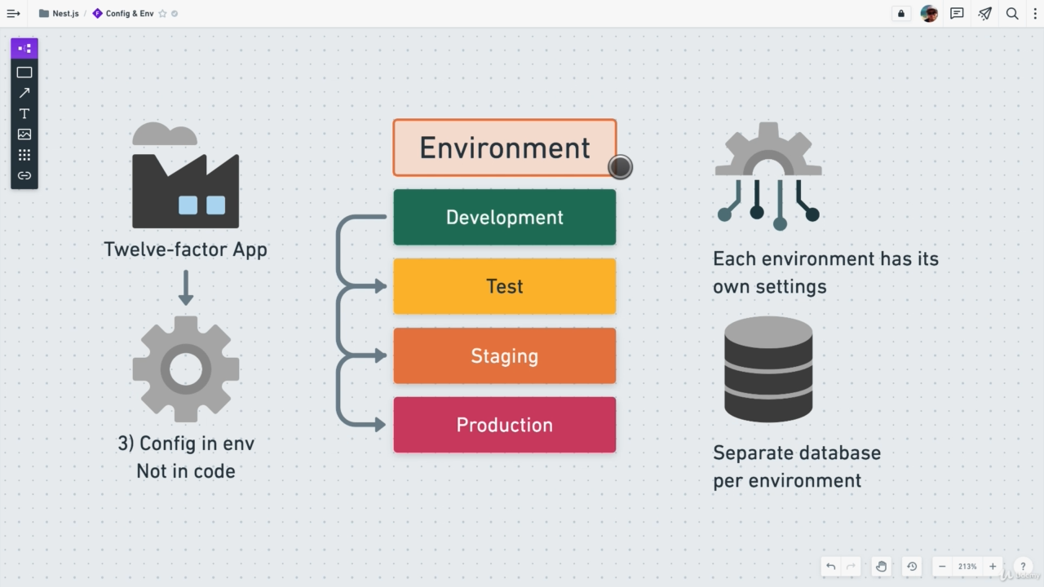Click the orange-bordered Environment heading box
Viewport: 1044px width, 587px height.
tap(504, 148)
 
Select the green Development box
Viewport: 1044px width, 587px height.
tap(504, 217)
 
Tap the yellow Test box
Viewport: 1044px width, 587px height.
tap(504, 286)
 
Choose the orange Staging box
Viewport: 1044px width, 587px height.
tap(504, 355)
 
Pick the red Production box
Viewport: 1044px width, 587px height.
tap(504, 425)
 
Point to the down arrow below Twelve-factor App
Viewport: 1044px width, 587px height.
tap(186, 289)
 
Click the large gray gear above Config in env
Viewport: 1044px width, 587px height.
tap(186, 369)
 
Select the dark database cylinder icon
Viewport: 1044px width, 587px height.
tap(768, 369)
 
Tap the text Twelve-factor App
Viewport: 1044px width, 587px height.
tap(186, 249)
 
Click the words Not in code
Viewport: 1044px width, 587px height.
tap(186, 471)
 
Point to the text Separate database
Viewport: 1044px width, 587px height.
tap(797, 452)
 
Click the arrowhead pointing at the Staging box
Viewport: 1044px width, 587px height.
tap(380, 355)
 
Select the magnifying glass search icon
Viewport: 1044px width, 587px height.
tap(1012, 14)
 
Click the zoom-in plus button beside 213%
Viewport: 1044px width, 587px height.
tap(993, 567)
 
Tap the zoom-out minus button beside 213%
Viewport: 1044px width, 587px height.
tap(942, 567)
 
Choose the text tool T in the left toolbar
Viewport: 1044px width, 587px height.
tap(24, 113)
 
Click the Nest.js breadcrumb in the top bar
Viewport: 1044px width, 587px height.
tap(65, 14)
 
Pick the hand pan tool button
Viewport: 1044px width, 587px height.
tap(881, 567)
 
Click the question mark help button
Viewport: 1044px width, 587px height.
tap(1022, 567)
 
